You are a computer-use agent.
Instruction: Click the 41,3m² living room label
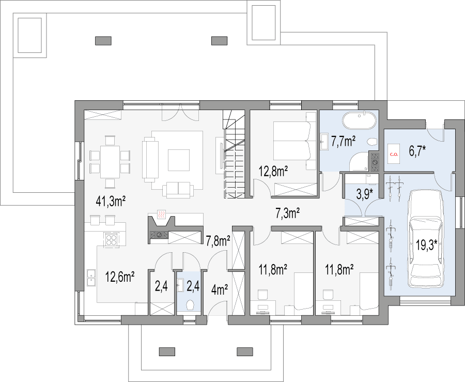pos(111,202)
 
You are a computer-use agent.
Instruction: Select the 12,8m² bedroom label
pos(273,172)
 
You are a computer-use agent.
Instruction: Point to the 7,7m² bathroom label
pos(344,142)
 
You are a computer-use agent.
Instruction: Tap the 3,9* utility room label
pos(364,194)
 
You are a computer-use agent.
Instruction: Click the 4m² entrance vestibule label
pos(220,290)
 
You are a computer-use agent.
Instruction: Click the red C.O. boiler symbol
pos(394,154)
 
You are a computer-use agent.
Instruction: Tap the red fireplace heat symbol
pos(161,215)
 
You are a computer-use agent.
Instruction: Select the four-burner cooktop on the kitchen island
pos(111,239)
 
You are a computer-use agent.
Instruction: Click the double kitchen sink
pos(91,278)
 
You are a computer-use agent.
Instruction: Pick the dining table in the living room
pos(110,162)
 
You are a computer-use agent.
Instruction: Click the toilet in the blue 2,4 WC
pos(190,304)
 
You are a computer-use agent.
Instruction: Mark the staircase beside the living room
pos(234,154)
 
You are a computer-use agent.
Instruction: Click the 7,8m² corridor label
pos(218,241)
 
